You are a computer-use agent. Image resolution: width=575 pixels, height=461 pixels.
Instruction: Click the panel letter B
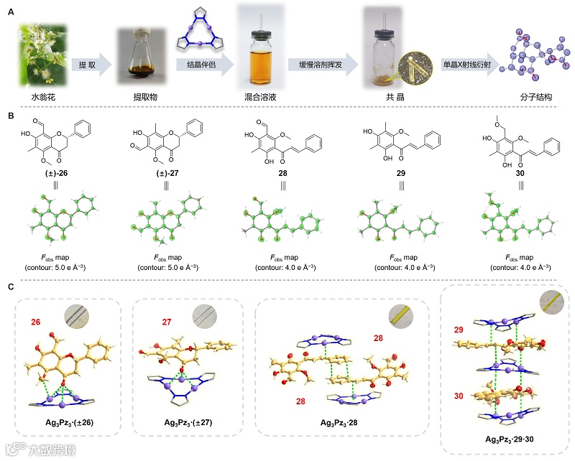coord(11,113)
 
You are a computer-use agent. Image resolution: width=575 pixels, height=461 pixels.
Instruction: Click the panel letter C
coord(11,287)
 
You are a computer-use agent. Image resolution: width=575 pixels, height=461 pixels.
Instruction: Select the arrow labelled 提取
coord(91,65)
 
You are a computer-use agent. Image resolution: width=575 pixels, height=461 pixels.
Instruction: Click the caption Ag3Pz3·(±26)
coord(70,422)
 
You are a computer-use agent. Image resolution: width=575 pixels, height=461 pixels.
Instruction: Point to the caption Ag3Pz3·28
coord(342,422)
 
